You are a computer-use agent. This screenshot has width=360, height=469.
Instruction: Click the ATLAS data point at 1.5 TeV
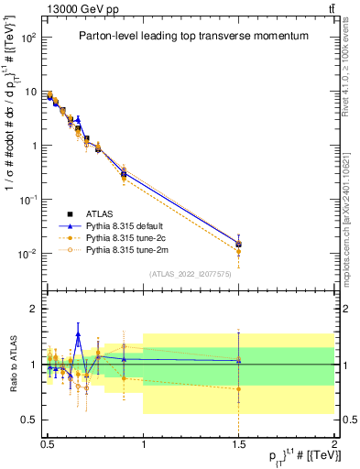pos(239,245)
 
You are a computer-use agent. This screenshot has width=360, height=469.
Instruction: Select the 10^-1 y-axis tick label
pos(30,199)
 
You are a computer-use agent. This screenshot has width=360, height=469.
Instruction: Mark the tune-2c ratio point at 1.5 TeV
pos(239,388)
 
